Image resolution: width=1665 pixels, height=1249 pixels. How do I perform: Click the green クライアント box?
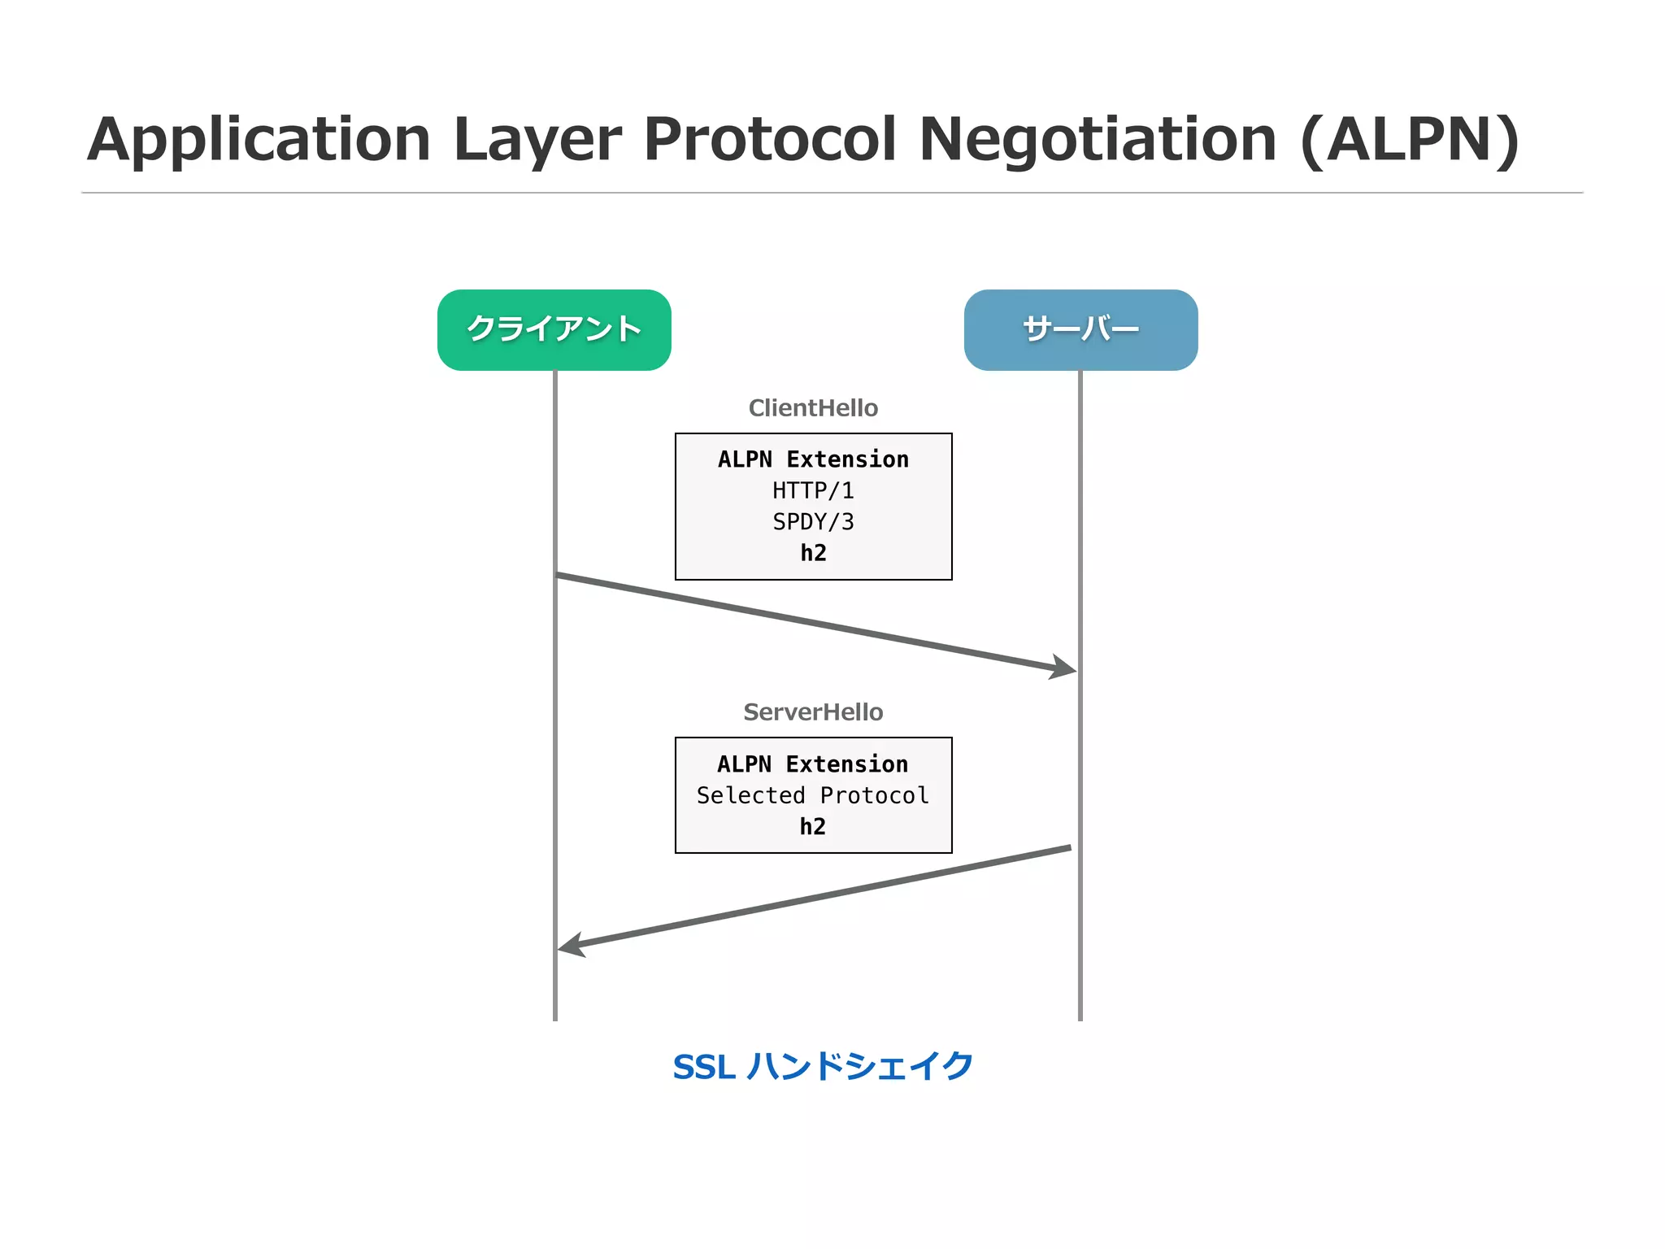[554, 329]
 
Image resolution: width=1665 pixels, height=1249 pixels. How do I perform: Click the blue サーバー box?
[1080, 329]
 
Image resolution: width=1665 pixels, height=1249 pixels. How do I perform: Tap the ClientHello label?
[813, 407]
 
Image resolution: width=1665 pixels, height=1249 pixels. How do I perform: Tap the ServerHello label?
[813, 712]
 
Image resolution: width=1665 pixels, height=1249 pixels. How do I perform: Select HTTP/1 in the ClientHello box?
[813, 490]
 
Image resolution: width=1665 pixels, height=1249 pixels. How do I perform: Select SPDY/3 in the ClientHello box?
[813, 521]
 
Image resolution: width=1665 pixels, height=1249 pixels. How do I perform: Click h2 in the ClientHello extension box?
[813, 553]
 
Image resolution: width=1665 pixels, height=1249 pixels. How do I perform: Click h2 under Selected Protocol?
[812, 826]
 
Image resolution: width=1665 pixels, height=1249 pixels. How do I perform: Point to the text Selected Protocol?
[812, 795]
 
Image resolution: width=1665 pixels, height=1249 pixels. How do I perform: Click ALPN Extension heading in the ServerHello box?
[812, 764]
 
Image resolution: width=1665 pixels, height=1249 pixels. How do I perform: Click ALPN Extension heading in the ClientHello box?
[813, 459]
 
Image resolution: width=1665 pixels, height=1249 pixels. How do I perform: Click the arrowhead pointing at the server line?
[1065, 668]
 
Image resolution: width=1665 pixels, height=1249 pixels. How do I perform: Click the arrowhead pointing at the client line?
[570, 946]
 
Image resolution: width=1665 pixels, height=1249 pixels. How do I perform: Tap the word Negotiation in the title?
[1097, 140]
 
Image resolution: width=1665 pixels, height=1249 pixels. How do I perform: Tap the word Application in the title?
[259, 140]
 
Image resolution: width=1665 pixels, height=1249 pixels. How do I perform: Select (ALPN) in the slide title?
[1410, 140]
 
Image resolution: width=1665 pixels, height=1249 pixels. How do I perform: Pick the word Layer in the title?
[537, 140]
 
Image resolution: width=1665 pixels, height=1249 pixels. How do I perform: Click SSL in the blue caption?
[704, 1067]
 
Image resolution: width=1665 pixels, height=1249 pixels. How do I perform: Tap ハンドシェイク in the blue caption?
[859, 1066]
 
